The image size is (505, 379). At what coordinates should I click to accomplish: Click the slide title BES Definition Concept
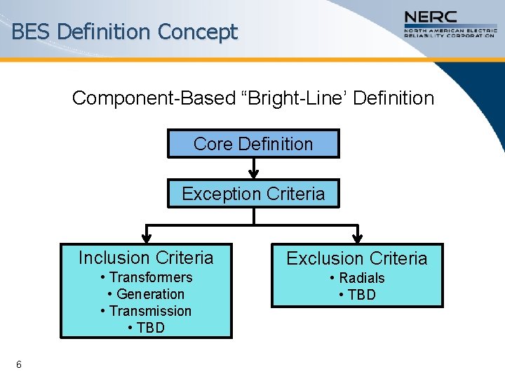[125, 32]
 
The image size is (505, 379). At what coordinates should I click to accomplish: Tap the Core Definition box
[253, 144]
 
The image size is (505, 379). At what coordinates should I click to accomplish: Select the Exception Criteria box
[253, 194]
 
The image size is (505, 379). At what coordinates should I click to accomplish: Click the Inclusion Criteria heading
[146, 258]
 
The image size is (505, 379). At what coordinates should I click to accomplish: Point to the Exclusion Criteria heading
[356, 258]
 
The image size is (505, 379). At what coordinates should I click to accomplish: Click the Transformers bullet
[146, 277]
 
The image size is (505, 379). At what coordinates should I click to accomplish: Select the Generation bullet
[146, 294]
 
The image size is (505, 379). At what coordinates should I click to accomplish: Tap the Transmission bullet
[146, 311]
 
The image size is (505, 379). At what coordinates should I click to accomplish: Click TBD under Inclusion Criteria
[146, 328]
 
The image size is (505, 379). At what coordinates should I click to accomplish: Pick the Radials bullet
[357, 278]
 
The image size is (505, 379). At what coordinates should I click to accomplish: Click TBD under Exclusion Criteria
[357, 295]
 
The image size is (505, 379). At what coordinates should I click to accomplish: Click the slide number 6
[19, 364]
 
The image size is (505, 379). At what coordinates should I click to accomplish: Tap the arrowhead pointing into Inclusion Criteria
[147, 237]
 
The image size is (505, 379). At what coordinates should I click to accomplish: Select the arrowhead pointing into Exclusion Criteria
[358, 237]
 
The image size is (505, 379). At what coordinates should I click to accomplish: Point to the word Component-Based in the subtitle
[132, 98]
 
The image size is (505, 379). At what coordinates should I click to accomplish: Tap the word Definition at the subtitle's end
[393, 98]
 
